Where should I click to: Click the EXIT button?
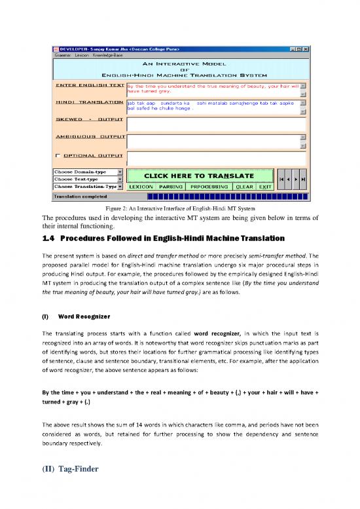point(265,187)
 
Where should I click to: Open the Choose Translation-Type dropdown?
point(120,187)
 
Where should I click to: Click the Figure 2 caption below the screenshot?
point(179,208)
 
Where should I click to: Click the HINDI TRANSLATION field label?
point(88,103)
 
